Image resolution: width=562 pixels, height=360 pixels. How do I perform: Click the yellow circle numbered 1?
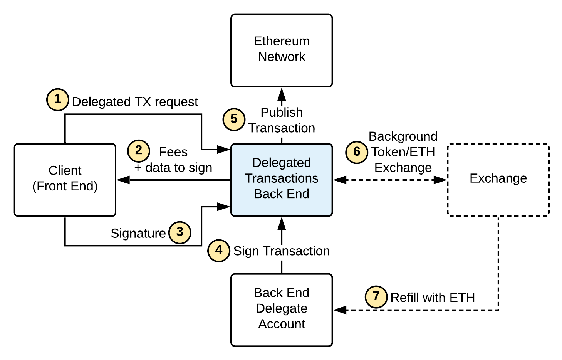click(x=58, y=99)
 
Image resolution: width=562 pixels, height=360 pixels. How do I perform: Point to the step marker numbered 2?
click(x=139, y=150)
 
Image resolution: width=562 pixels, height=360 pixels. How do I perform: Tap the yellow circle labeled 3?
click(x=180, y=232)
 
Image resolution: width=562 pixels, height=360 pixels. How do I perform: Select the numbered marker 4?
click(x=219, y=251)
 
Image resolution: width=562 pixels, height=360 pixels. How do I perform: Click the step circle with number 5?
click(x=234, y=119)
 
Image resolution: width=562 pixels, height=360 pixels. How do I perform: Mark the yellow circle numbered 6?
click(x=357, y=152)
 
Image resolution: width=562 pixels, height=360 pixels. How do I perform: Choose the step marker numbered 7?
click(x=376, y=297)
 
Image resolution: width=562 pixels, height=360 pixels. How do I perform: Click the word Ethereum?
click(x=282, y=41)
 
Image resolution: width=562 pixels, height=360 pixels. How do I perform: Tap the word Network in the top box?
click(x=282, y=57)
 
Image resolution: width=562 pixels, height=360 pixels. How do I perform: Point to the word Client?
click(x=65, y=170)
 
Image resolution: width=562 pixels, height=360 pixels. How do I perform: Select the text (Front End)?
click(x=65, y=186)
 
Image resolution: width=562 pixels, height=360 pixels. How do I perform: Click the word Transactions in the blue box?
click(x=282, y=178)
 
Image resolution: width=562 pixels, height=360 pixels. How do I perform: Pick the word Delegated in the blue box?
click(x=282, y=163)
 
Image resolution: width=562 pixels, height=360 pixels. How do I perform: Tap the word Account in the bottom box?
click(x=282, y=324)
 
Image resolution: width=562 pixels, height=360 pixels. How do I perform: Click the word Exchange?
click(x=498, y=178)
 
